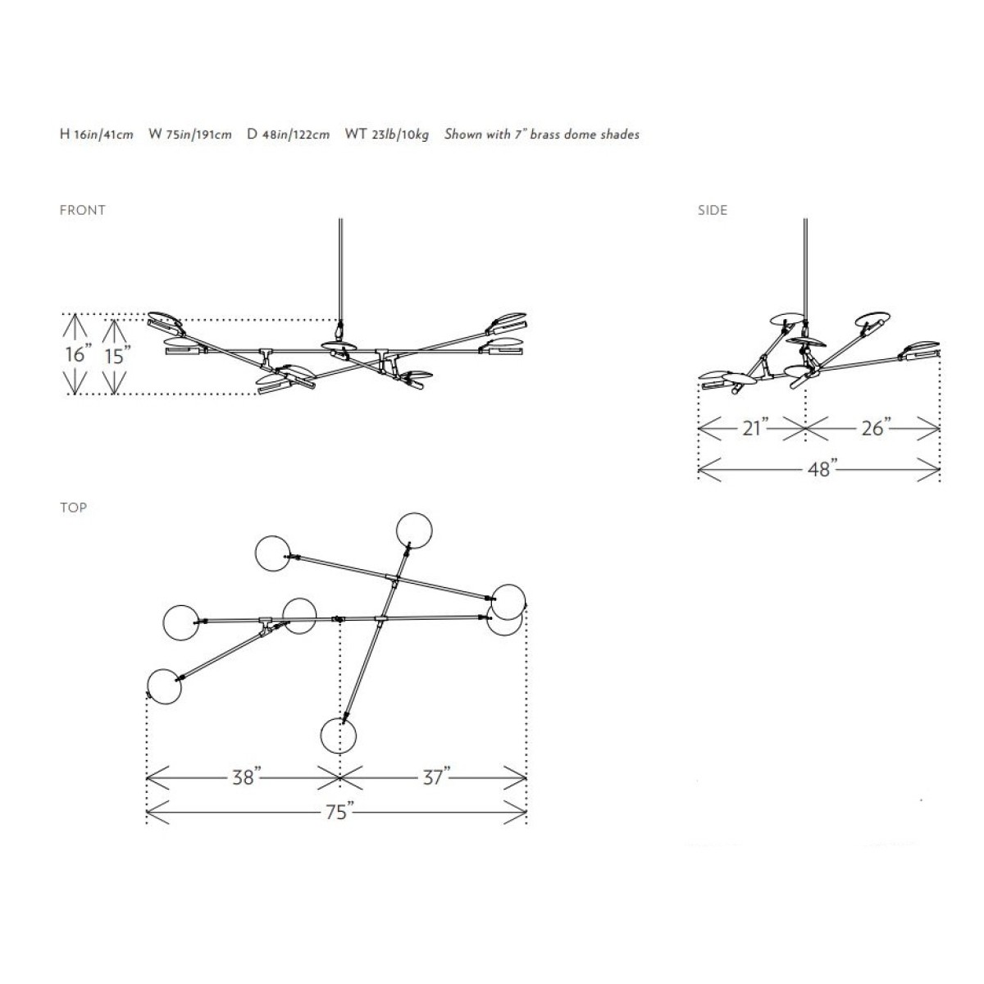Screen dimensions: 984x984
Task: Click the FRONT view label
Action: (x=82, y=211)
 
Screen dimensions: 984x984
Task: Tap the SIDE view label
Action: (x=713, y=211)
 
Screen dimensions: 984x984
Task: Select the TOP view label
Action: (x=74, y=508)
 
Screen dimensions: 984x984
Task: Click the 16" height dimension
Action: (x=78, y=354)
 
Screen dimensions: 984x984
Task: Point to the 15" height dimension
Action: (x=117, y=355)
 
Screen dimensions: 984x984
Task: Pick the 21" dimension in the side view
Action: (x=754, y=427)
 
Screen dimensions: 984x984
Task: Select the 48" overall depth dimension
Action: (x=822, y=469)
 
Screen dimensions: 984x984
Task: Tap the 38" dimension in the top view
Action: (x=247, y=777)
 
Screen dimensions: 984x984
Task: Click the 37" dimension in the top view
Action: (x=436, y=777)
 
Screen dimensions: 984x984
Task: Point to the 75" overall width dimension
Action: (x=339, y=812)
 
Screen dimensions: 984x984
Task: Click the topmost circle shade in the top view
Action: (x=414, y=531)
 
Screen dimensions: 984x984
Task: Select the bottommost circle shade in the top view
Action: (x=338, y=736)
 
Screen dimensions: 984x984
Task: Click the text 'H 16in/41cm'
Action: (x=97, y=134)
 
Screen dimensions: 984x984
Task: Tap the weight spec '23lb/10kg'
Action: (x=400, y=134)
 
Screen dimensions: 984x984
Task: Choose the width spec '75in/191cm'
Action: (x=198, y=134)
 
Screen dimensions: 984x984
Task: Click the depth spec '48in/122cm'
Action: (x=296, y=134)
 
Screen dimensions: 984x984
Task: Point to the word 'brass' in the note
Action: (x=545, y=134)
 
